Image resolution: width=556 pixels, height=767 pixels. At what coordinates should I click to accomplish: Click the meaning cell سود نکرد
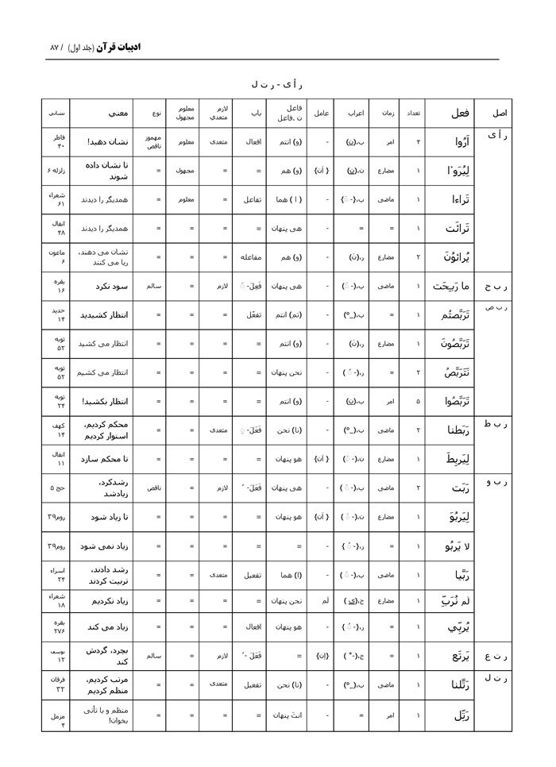104,285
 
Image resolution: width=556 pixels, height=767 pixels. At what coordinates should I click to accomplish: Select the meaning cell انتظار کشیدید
104,314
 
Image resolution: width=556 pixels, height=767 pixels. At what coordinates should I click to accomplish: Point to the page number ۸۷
54,48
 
